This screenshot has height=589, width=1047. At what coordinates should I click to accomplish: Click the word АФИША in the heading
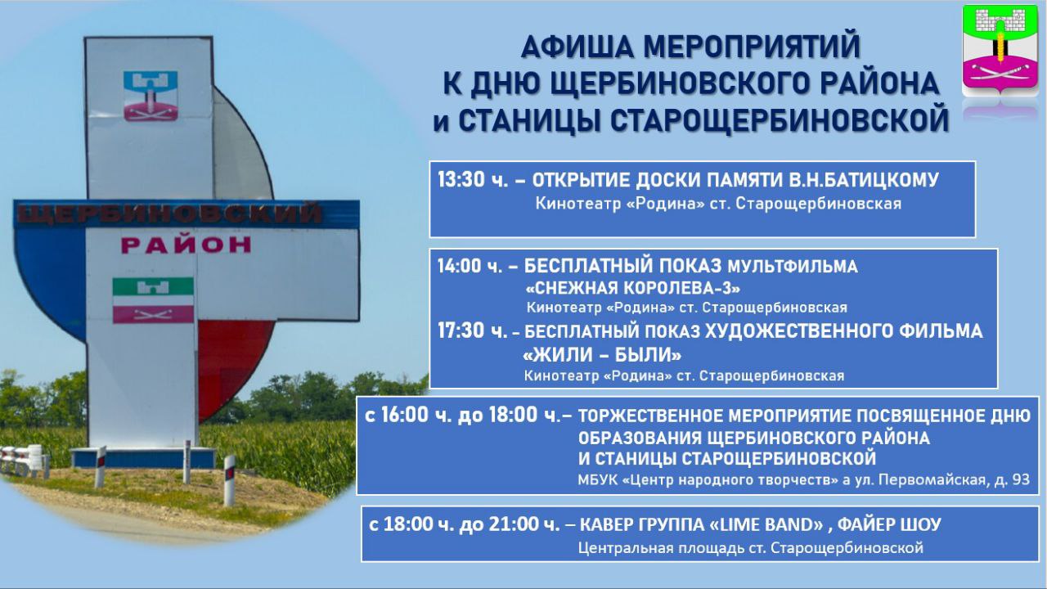point(577,47)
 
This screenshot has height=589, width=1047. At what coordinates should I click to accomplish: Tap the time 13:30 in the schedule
point(461,180)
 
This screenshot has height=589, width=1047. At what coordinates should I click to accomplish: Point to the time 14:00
point(460,266)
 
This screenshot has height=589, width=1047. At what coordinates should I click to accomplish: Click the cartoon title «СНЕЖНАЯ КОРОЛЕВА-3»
point(633,288)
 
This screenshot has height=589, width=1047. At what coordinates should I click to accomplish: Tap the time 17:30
point(461,330)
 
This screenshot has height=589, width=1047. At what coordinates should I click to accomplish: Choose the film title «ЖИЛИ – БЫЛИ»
point(602,355)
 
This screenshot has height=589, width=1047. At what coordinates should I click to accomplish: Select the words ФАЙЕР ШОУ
point(889,524)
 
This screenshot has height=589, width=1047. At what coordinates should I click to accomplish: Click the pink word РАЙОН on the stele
point(186,245)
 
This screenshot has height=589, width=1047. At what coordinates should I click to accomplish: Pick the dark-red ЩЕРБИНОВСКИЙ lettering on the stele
point(169,214)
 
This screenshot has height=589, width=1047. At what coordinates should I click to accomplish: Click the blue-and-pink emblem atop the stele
point(151,96)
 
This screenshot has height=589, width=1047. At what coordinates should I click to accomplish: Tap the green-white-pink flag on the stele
point(153,300)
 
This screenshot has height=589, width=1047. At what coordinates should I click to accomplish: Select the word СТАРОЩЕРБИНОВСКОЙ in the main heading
point(703,120)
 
